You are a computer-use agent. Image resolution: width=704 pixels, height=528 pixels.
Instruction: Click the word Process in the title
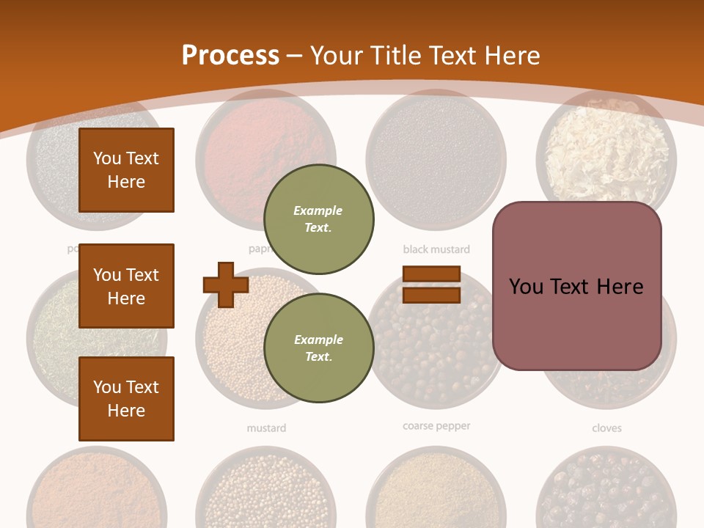coord(230,55)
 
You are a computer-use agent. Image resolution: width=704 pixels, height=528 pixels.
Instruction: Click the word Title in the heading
coord(397,55)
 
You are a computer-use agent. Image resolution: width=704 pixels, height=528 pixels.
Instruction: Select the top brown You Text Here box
coord(126,170)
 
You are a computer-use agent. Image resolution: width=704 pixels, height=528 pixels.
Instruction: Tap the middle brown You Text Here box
coord(126,286)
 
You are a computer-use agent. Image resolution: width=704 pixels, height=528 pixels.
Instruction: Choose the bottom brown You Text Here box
coord(126,399)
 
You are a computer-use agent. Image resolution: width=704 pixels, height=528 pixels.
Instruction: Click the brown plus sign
coord(226,285)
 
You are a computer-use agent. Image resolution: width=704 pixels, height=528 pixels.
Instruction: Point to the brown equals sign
coord(431,285)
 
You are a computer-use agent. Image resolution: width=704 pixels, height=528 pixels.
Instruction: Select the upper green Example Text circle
coord(318,219)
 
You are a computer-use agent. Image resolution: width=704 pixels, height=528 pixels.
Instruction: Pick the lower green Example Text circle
coord(318,348)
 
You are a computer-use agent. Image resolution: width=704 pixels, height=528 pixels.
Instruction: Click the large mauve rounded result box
coord(576,286)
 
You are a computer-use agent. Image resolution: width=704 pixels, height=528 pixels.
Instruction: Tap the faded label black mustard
coord(436,249)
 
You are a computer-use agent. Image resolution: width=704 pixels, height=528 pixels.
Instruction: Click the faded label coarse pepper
coord(436,426)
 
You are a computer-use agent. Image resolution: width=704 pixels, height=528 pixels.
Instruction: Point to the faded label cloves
coord(606,428)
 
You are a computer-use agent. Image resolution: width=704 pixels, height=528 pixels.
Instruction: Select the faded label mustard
coord(266,428)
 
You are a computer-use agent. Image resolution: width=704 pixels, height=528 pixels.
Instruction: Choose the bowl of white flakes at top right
coord(606,150)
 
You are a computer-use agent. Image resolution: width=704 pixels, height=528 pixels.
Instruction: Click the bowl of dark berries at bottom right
coord(606,491)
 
